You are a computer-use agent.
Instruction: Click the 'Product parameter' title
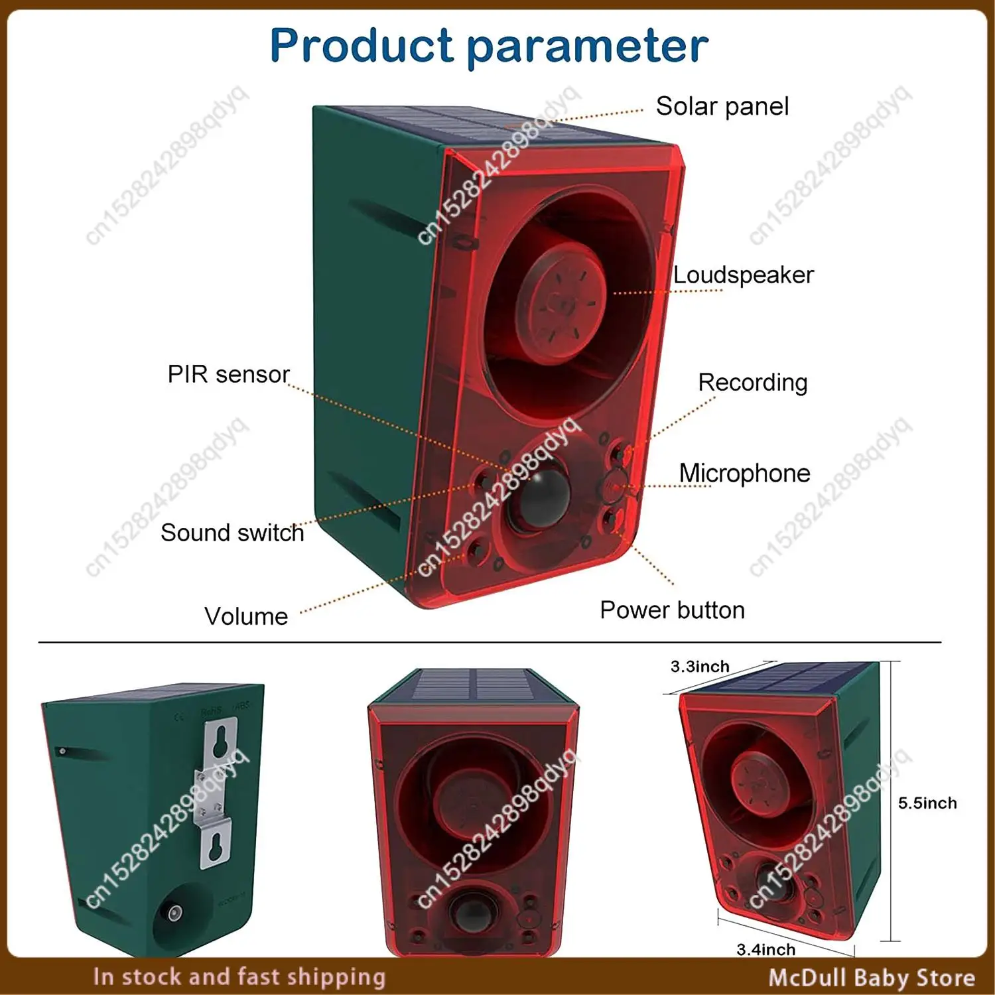tap(490, 46)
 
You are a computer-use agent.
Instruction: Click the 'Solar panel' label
tap(722, 106)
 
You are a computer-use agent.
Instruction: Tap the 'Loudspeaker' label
tap(744, 275)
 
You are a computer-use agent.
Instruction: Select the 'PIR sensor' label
tap(229, 374)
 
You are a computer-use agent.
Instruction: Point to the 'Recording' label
tap(753, 383)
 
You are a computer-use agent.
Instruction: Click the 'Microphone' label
tap(744, 473)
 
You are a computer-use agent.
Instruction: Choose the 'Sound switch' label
tap(232, 533)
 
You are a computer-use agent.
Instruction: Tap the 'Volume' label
tap(246, 616)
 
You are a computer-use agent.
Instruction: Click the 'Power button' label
tap(673, 610)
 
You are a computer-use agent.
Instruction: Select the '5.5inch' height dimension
tap(927, 803)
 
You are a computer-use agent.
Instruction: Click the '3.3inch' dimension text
tap(700, 666)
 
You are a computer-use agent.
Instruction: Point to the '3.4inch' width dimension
tap(766, 949)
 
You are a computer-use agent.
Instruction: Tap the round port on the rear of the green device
tap(175, 913)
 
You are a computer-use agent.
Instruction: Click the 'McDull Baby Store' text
tap(872, 977)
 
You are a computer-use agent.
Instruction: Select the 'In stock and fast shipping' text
tap(239, 977)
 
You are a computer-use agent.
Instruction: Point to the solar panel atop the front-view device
tap(473, 685)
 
